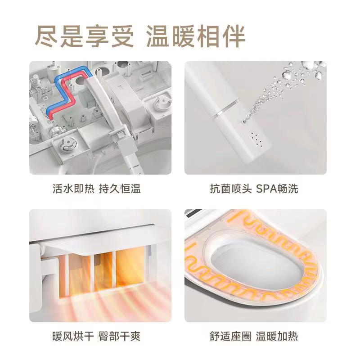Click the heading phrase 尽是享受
coord(85,37)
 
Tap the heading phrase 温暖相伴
coord(196,37)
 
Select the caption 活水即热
coord(73,189)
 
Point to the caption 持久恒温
coord(120,189)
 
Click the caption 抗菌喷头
coord(231,189)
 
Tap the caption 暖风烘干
coord(73,337)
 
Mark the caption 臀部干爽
coord(119,337)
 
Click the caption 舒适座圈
coord(230,337)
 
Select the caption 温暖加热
coord(277,337)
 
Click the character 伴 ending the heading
coord(234,37)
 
